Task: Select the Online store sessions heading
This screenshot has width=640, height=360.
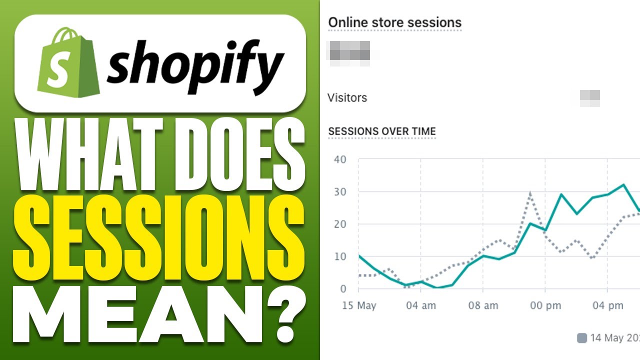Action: tap(394, 22)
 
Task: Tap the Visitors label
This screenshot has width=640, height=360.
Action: tap(347, 97)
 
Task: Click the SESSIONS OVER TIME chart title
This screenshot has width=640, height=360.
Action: tap(382, 131)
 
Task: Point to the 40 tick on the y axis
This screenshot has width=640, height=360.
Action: tap(340, 160)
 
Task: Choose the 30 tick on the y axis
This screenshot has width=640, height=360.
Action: tap(340, 192)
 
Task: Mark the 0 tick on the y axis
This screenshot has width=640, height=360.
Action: tap(343, 288)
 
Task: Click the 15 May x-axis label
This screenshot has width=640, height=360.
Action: tap(359, 305)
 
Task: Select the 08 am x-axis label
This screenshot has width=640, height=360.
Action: tap(483, 305)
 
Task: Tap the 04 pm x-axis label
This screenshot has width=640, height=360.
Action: tap(607, 305)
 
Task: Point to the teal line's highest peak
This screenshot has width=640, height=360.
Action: tap(623, 185)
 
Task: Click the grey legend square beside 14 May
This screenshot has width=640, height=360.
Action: tap(581, 338)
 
